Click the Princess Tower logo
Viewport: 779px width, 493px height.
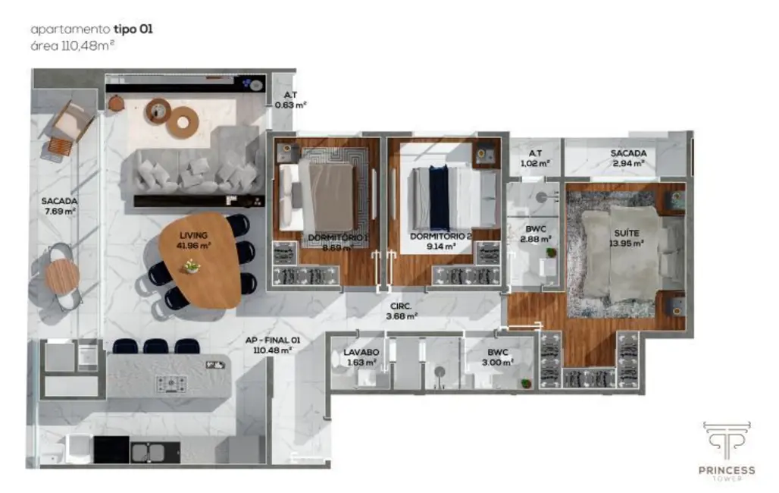(726, 450)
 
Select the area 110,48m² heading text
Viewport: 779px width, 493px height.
(74, 45)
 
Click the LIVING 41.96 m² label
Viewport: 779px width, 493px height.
(195, 240)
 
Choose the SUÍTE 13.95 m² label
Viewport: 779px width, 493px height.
(625, 238)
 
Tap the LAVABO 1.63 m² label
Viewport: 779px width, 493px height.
(360, 356)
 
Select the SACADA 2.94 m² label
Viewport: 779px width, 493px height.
(628, 157)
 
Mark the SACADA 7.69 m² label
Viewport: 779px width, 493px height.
(59, 206)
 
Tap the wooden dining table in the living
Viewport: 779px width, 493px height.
(201, 262)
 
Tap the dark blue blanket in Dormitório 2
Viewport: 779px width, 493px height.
(440, 197)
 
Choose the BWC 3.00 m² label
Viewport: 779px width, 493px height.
(498, 356)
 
